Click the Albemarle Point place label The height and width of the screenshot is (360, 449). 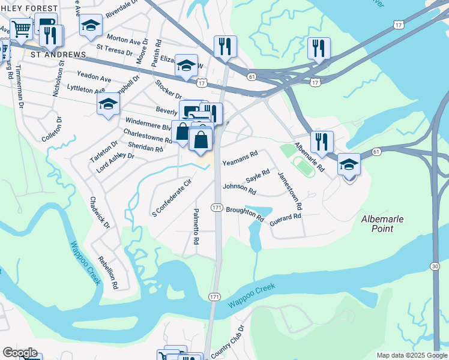[386, 224]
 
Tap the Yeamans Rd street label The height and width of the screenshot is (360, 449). [240, 158]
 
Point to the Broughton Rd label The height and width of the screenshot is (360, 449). [245, 214]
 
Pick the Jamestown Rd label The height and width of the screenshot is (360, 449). [290, 190]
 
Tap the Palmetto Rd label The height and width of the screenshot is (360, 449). [196, 226]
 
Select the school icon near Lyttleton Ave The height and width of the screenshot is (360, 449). [108, 104]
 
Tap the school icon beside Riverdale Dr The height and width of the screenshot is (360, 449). [91, 25]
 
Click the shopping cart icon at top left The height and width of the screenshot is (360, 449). [21, 28]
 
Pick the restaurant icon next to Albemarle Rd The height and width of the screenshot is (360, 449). [322, 141]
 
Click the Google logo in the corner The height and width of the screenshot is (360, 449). [20, 353]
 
